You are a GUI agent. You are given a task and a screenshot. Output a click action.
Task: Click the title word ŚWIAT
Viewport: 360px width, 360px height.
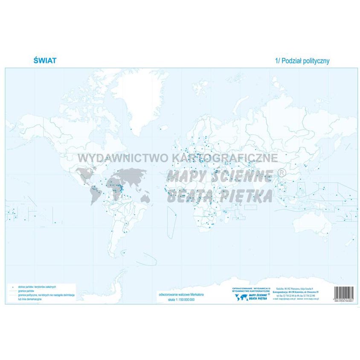point(45,61)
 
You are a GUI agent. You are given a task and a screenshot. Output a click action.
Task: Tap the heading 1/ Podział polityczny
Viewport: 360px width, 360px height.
point(302,61)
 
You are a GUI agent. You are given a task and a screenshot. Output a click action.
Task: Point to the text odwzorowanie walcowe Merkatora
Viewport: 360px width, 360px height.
point(182,293)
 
